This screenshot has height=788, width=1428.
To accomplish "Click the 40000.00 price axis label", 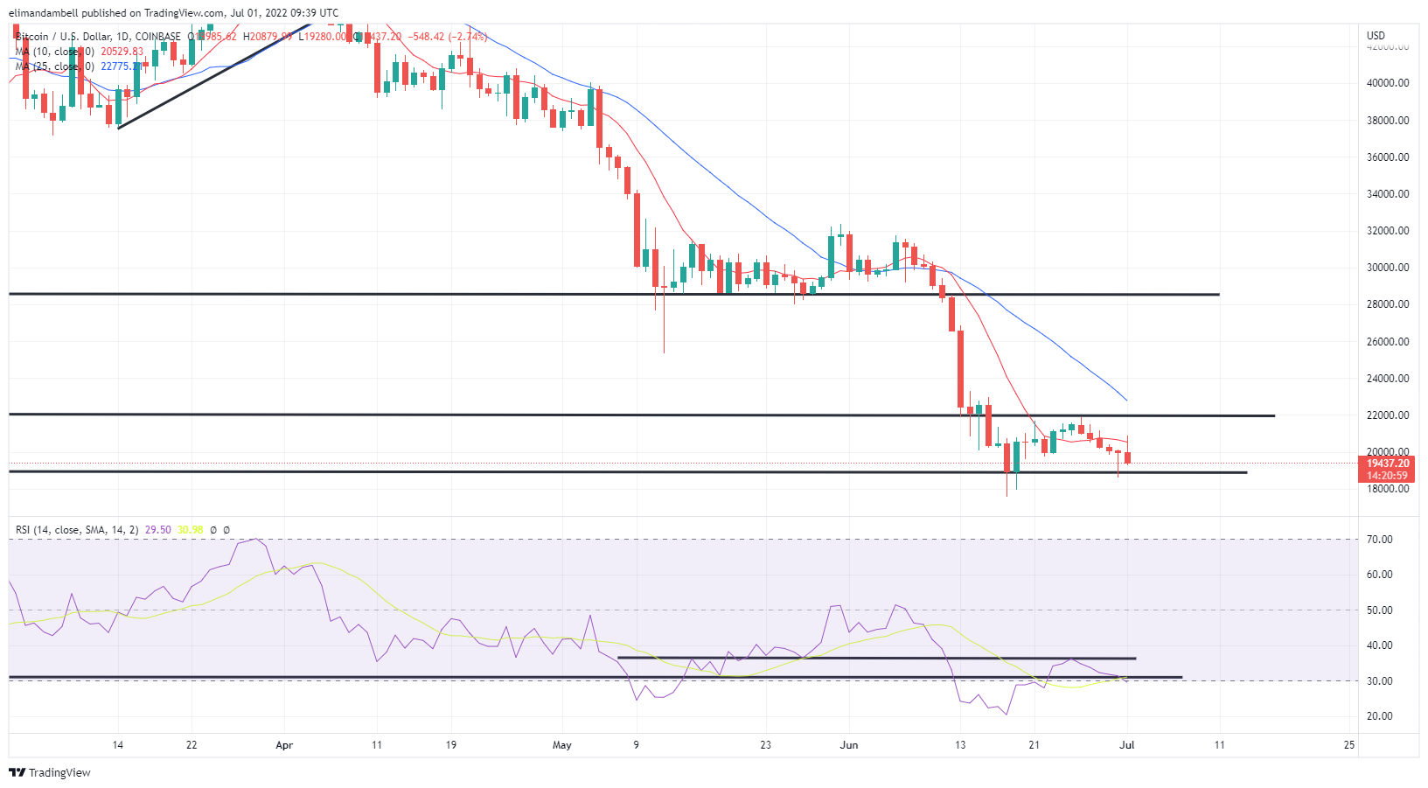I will [x=1388, y=83].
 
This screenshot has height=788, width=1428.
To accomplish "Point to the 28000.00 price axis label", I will [x=1388, y=304].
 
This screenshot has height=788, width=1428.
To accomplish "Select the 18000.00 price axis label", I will [x=1388, y=489].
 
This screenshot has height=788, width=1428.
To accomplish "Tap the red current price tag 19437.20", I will [x=1387, y=464].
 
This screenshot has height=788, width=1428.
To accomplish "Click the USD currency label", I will [x=1376, y=36].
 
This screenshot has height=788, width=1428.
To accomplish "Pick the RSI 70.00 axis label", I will [x=1380, y=540].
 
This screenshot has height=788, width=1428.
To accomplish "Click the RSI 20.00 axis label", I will [x=1380, y=716].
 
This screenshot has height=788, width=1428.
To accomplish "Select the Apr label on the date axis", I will [x=284, y=745].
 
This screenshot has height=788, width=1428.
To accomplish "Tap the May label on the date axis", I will [x=562, y=745].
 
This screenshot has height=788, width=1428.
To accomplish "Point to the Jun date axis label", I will [x=848, y=745].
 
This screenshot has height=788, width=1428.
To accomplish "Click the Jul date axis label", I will [x=1127, y=745].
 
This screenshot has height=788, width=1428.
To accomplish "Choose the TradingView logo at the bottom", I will [x=50, y=772].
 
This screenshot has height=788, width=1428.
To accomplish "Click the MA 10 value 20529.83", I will [x=122, y=52].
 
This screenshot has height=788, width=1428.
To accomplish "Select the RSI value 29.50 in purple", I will [x=157, y=530].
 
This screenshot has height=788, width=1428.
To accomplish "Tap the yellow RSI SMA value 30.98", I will [x=190, y=530].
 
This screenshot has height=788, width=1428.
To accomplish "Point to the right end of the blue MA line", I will [x=1126, y=400].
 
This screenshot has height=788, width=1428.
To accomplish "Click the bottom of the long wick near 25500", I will [x=664, y=352].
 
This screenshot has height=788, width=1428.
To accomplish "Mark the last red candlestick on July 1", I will [x=1127, y=457].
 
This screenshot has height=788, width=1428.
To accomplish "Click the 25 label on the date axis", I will [x=1349, y=745].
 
